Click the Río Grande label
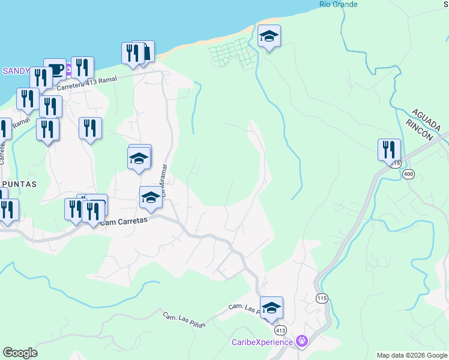(339, 4)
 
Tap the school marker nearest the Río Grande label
(269, 37)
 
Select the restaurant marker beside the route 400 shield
(389, 150)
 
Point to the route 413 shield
(280, 330)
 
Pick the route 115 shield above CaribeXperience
(322, 298)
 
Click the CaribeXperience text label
(262, 342)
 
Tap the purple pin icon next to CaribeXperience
(302, 341)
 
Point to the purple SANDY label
(16, 71)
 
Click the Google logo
(20, 353)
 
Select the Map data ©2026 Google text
(412, 355)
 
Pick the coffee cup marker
(55, 70)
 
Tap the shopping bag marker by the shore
(144, 52)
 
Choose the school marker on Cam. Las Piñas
(271, 308)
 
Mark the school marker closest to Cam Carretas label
(151, 198)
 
